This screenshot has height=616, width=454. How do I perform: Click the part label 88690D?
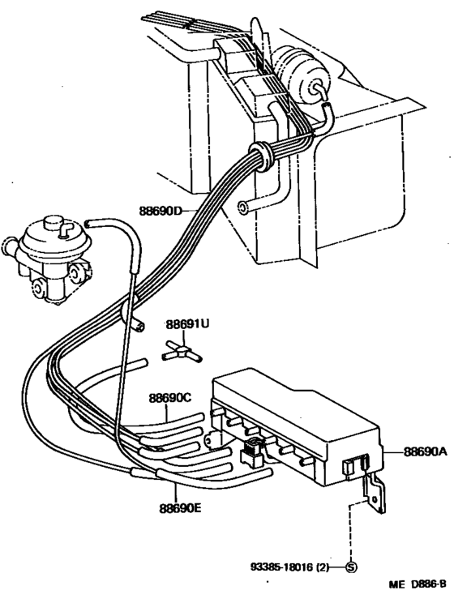pyautogui.click(x=165, y=210)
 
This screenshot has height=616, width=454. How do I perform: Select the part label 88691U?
pyautogui.click(x=188, y=324)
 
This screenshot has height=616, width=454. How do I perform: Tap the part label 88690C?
pyautogui.click(x=169, y=398)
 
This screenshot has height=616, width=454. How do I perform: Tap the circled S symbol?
pyautogui.click(x=351, y=567)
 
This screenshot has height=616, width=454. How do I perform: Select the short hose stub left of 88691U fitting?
pyautogui.click(x=137, y=326)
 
